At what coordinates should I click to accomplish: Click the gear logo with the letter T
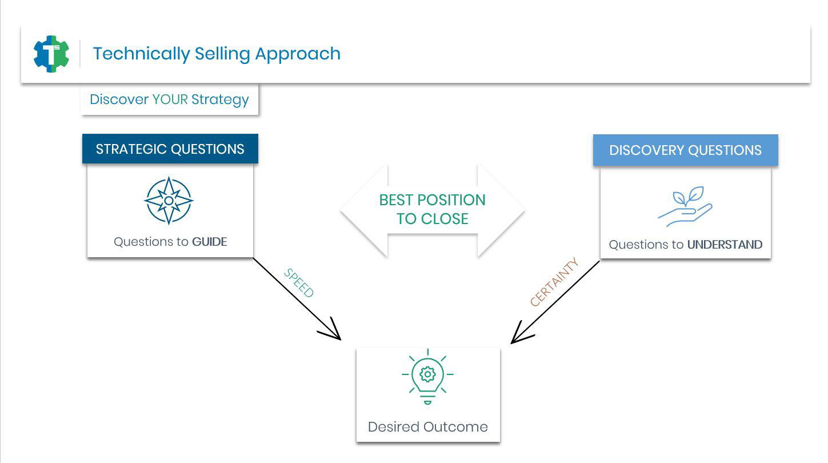click(51, 54)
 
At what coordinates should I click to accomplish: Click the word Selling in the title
click(222, 54)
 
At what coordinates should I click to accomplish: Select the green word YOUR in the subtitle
click(170, 99)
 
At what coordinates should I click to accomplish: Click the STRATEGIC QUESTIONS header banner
click(170, 149)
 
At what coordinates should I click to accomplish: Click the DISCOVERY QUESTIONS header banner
click(685, 150)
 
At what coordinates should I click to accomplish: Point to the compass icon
click(169, 201)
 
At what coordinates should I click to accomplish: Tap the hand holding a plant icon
click(685, 206)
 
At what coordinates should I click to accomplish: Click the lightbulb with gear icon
click(427, 377)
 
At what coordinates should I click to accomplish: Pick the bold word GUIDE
click(209, 241)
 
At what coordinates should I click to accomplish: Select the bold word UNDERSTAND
click(725, 245)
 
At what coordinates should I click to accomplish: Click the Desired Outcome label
click(427, 427)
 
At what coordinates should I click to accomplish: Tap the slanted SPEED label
click(299, 283)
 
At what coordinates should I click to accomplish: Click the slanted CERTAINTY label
click(554, 281)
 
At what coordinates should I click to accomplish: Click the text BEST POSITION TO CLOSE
click(432, 209)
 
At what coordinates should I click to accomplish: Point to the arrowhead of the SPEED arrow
click(340, 339)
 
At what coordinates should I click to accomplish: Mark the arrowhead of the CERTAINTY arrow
click(511, 343)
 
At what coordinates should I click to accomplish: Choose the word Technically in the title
click(142, 54)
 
